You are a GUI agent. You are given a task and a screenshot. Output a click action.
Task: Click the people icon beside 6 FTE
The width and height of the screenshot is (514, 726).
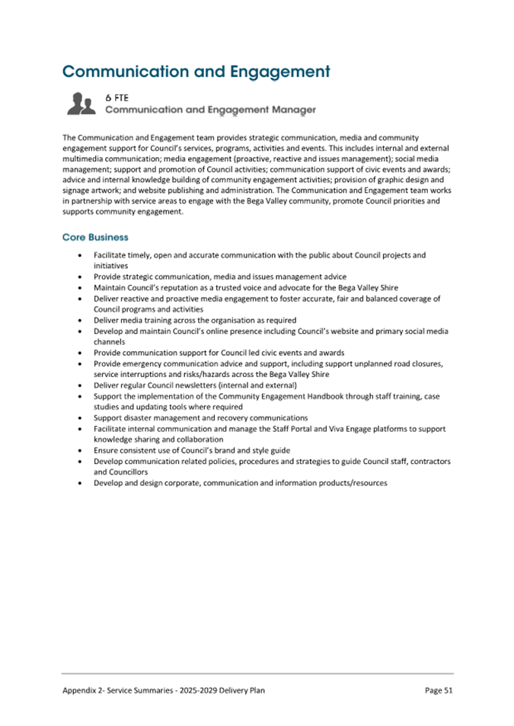click(x=81, y=104)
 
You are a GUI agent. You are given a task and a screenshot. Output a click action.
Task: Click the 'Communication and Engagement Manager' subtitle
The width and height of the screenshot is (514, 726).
click(x=210, y=110)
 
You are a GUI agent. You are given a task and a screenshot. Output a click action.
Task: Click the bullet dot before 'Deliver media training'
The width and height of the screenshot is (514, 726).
click(x=81, y=321)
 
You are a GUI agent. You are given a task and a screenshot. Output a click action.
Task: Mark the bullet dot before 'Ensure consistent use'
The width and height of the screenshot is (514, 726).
click(x=81, y=450)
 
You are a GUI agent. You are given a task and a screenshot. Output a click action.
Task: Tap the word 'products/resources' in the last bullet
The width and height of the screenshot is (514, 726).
click(x=353, y=483)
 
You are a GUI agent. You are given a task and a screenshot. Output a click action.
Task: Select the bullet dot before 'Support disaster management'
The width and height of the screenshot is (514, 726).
click(x=81, y=418)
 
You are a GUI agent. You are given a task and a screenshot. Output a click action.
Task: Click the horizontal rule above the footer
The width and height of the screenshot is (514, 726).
click(x=257, y=673)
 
